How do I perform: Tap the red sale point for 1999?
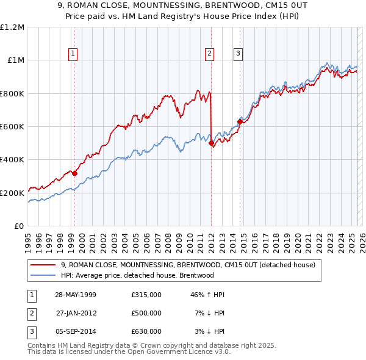pos(75,173)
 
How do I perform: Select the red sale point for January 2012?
pos(211,143)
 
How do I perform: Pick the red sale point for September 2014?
pos(240,121)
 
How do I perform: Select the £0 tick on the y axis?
pos(19,226)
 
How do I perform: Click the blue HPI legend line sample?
pos(43,275)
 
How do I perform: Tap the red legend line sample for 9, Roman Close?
pos(43,265)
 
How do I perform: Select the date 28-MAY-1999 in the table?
pos(76,295)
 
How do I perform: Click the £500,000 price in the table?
pos(146,313)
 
